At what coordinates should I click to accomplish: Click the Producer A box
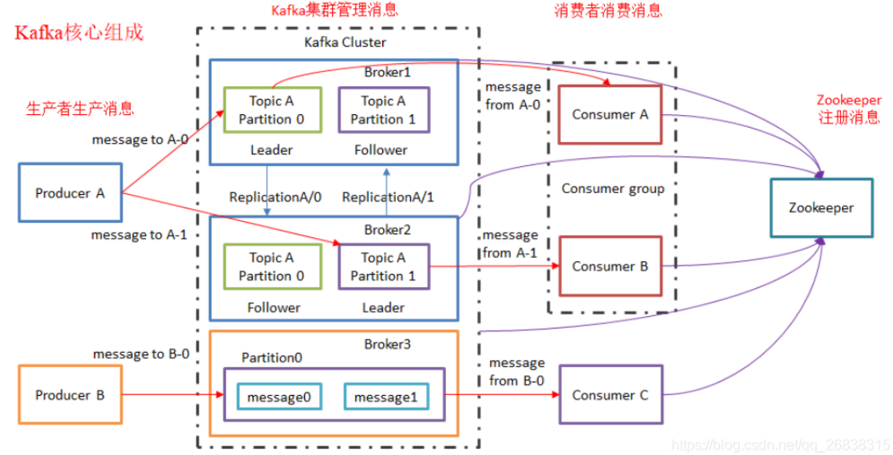70,192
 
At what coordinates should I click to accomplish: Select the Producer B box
70,394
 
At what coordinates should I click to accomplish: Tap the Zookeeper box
821,208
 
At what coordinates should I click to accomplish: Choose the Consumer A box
610,114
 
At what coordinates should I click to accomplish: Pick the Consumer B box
610,267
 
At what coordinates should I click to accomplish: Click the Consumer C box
610,394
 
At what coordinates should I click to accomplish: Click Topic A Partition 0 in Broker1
271,110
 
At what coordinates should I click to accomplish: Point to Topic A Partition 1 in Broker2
383,267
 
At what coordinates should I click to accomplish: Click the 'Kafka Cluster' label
345,42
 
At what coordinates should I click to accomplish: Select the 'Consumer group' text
612,189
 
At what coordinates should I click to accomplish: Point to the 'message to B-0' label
141,354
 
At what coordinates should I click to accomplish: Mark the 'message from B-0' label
517,372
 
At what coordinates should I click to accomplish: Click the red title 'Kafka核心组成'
80,34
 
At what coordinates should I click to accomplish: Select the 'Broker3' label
387,343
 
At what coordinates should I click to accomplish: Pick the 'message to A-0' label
140,140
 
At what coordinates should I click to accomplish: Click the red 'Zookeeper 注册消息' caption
848,109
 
